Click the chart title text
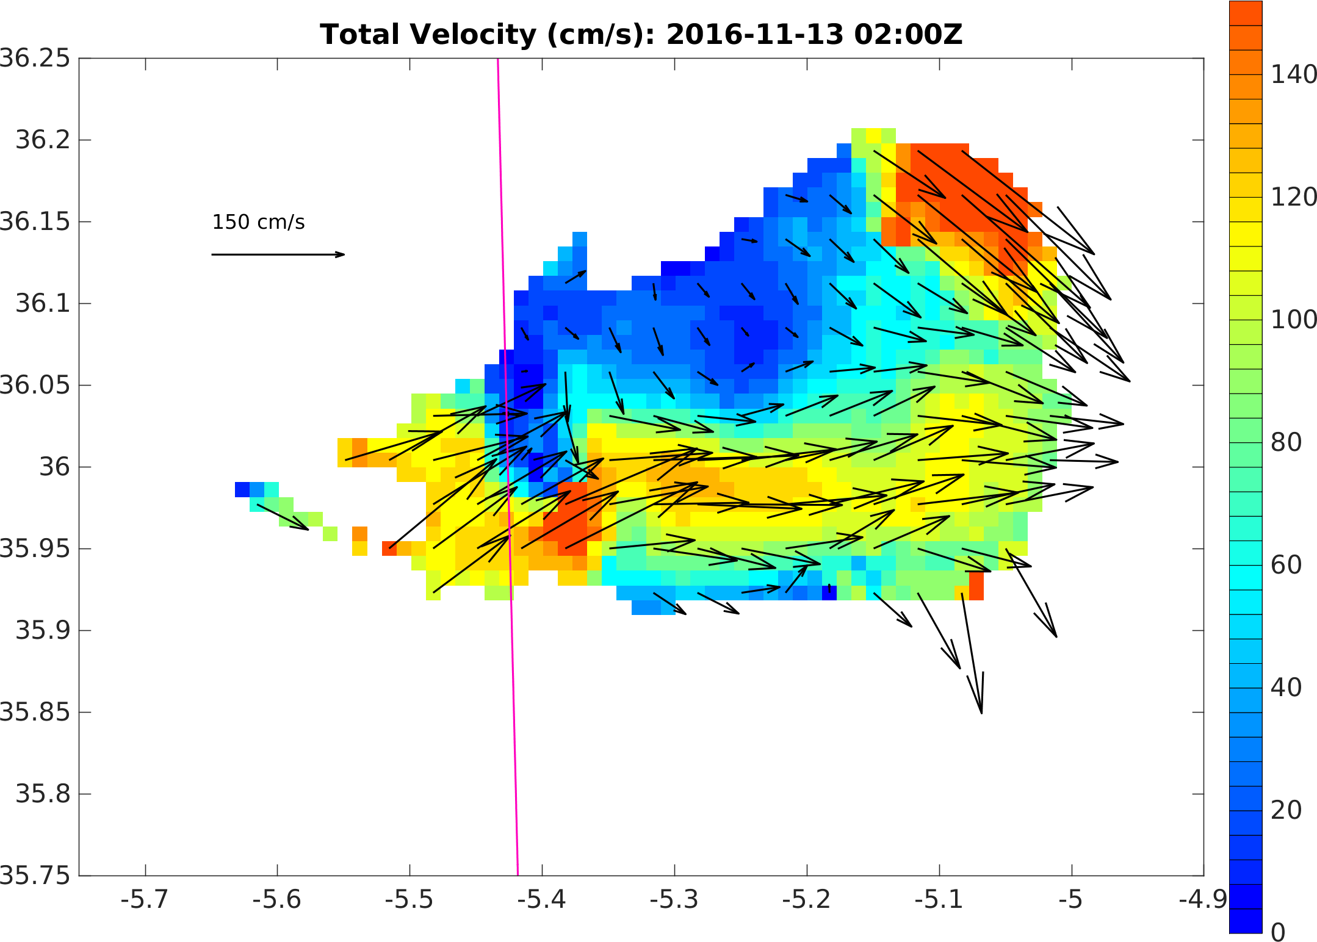coord(641,35)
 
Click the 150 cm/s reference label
coord(258,222)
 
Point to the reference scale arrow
coord(278,254)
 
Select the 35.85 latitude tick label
coord(35,712)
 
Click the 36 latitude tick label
coord(56,467)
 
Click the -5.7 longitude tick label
coord(145,899)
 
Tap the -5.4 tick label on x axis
coord(542,899)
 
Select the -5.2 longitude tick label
coord(806,899)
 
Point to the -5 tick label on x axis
coord(1071,899)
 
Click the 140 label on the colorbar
coord(1293,75)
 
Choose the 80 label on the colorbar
coord(1286,443)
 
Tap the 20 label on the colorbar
coord(1286,810)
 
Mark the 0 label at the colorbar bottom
coord(1278,932)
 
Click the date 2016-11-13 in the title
coord(754,35)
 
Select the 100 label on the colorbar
coord(1293,320)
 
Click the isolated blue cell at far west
coord(242,489)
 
